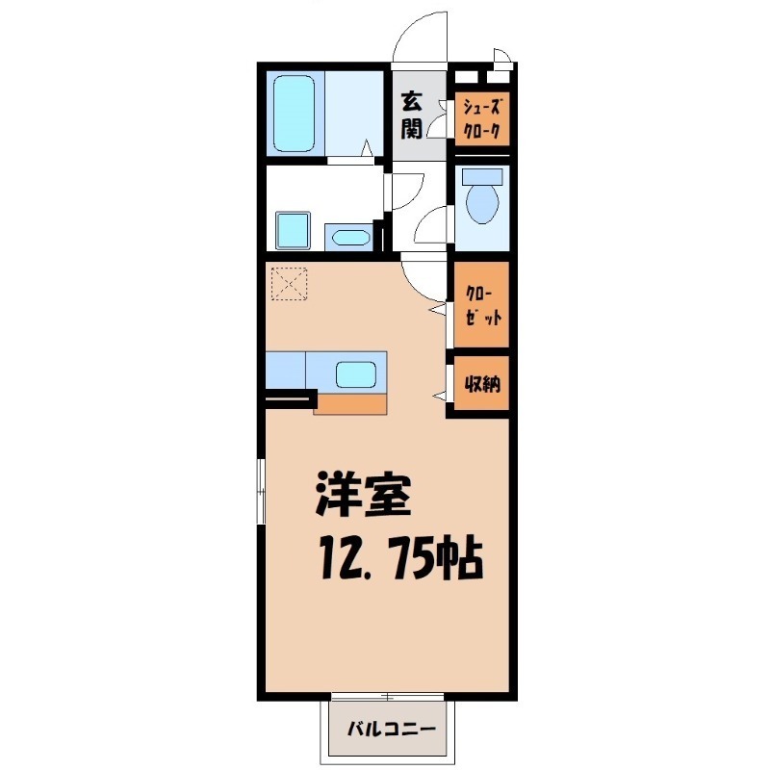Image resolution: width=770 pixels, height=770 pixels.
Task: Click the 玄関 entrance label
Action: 413,113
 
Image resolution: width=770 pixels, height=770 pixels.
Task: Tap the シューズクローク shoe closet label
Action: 481,119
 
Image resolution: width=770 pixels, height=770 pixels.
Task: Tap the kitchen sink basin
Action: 356,372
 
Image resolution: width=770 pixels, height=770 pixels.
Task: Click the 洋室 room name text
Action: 364,496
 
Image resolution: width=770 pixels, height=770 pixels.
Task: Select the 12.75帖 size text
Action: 398,558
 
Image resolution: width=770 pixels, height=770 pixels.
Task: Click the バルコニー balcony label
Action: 391,729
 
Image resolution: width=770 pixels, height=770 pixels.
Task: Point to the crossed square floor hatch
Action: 288,284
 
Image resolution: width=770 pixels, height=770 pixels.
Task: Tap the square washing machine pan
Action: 294,230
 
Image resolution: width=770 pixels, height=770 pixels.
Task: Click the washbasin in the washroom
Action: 347,237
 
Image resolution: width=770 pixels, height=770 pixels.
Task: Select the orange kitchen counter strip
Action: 350,403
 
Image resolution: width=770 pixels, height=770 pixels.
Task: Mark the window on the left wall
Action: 260,492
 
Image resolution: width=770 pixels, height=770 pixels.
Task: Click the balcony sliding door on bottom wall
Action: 384,696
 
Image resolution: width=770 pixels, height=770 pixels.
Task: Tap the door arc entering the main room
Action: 422,279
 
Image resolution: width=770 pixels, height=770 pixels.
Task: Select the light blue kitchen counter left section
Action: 285,371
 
